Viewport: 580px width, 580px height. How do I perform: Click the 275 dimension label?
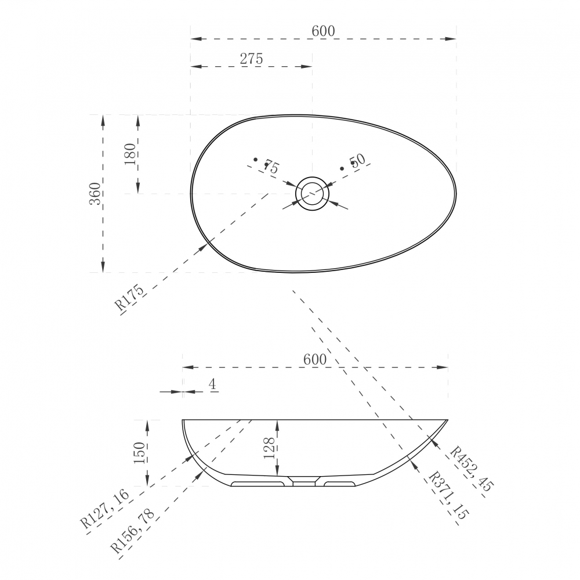252,59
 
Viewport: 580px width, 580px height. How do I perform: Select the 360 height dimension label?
96,193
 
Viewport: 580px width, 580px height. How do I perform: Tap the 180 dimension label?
130,154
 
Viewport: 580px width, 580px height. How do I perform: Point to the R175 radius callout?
129,298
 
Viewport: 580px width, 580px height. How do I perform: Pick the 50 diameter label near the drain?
358,160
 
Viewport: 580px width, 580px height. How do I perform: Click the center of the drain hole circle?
312,193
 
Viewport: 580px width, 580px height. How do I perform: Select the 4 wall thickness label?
212,384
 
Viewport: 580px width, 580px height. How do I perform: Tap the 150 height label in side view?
140,453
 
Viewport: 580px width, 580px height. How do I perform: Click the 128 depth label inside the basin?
269,448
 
